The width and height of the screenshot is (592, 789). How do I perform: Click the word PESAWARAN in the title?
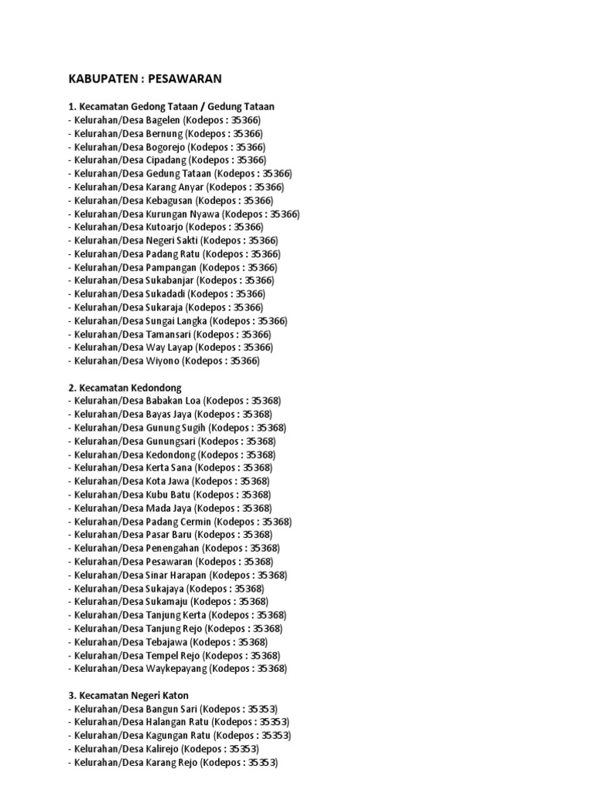tap(185, 79)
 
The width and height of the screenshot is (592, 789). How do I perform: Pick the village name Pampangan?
tap(172, 267)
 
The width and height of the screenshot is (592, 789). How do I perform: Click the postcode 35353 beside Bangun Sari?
tap(261, 708)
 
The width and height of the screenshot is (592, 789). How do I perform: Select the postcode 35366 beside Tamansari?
tap(256, 334)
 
